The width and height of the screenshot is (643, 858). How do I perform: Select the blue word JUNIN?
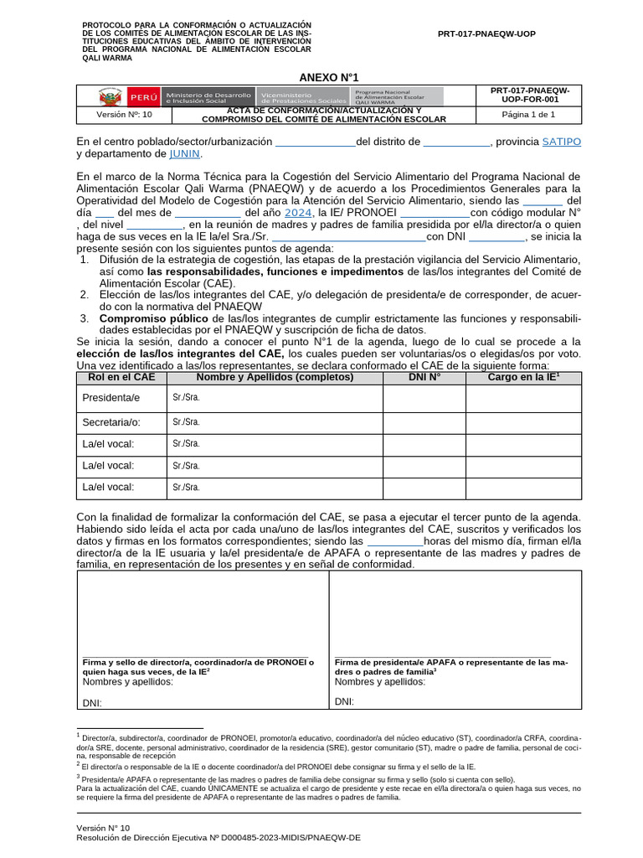point(185,154)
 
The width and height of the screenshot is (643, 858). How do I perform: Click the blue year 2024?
point(298,213)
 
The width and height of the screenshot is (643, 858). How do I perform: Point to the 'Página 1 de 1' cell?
point(528,115)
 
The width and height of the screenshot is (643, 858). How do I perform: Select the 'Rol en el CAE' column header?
point(121,378)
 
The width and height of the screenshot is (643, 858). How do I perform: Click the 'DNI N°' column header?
point(424,378)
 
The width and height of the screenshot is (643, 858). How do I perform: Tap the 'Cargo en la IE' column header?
point(523,378)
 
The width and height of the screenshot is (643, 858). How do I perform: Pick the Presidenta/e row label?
point(111,398)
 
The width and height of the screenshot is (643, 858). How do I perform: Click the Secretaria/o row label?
point(111,422)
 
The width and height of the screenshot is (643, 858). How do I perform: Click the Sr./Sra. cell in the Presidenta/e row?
point(186,398)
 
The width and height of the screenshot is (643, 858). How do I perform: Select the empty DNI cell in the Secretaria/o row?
point(424,422)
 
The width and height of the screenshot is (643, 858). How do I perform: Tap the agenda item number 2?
point(85,295)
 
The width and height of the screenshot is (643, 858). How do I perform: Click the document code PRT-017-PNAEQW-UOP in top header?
point(486,34)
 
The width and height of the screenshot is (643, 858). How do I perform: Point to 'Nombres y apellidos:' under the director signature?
point(128,682)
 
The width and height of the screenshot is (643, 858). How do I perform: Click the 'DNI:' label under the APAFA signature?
point(344,702)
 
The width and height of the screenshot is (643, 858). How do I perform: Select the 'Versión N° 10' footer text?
point(104,827)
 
